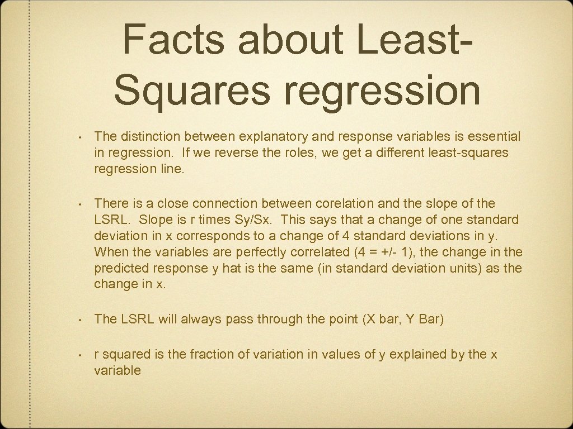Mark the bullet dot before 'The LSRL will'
tap(81, 320)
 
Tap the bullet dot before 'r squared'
tap(81, 355)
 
